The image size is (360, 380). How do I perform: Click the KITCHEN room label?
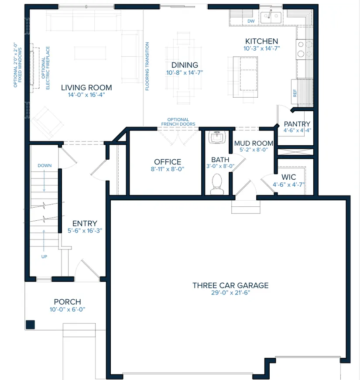click(x=261, y=41)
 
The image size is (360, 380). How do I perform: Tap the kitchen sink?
click(x=271, y=17)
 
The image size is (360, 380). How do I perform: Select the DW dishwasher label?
click(x=251, y=21)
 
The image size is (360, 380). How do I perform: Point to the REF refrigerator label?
click(x=295, y=93)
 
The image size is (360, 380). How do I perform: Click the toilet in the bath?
click(x=217, y=184)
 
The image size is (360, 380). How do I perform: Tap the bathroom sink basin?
click(x=217, y=137)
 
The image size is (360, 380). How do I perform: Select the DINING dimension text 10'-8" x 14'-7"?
click(x=185, y=73)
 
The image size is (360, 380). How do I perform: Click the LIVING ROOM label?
click(x=86, y=88)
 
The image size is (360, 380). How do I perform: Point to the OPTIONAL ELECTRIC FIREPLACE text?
click(x=45, y=68)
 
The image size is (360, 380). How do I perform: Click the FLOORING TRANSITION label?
click(x=147, y=66)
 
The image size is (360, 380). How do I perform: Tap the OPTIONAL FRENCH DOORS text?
click(x=178, y=122)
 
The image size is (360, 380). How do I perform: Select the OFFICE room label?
click(x=168, y=162)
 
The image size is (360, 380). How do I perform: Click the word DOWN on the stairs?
click(x=45, y=165)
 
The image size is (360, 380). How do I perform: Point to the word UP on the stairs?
click(x=44, y=257)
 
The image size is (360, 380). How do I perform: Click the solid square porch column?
click(x=30, y=325)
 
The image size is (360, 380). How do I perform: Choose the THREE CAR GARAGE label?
click(x=230, y=285)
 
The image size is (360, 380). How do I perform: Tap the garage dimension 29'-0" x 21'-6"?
click(x=230, y=293)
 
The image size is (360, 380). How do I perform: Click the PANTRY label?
click(x=297, y=124)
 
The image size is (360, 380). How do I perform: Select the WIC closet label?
click(x=289, y=177)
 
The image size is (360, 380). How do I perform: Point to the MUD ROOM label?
click(x=254, y=143)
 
